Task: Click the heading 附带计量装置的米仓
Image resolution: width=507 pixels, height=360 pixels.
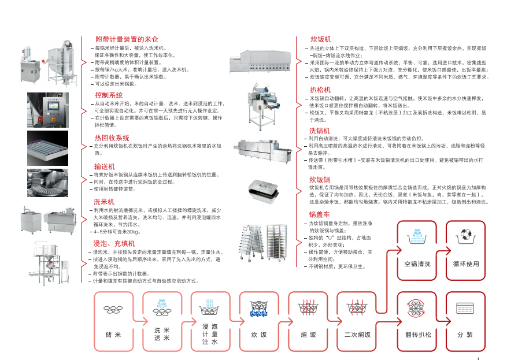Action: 126,39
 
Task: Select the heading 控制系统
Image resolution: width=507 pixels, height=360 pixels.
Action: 109,94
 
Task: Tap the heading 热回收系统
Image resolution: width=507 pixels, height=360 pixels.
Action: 112,138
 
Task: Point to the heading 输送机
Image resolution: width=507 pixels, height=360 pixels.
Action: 104,166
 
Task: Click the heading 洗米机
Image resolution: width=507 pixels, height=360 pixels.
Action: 104,201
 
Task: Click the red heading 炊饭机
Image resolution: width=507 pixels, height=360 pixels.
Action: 320,39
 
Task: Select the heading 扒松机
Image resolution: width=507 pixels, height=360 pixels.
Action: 320,90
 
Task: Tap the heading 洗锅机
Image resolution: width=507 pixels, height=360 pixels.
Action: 319,131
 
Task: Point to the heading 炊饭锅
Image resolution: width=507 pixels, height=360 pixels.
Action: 319,180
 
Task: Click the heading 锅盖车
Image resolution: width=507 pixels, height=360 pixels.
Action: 319,214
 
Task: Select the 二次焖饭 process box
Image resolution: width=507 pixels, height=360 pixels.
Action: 357,322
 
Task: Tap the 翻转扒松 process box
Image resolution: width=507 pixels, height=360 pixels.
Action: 417,322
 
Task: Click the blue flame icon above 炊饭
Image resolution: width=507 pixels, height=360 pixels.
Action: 259,310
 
